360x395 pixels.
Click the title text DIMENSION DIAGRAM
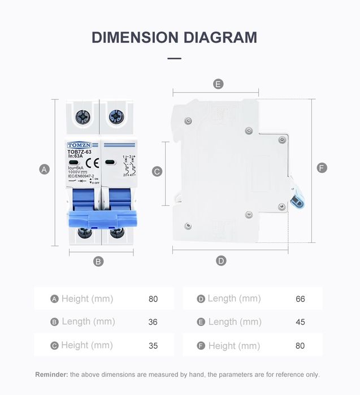(174, 37)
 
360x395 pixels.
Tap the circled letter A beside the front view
(45, 169)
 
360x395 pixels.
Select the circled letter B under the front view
(98, 261)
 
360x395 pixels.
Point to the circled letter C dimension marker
(158, 171)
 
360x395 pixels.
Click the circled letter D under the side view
(221, 261)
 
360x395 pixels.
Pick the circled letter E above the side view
(218, 84)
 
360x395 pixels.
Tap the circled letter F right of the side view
(322, 168)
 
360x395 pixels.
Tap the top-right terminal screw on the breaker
(116, 118)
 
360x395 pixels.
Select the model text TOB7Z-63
(79, 151)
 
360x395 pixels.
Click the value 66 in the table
(300, 298)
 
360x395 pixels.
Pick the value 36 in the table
(153, 322)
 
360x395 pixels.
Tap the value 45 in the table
(300, 322)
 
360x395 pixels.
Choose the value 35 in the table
(153, 345)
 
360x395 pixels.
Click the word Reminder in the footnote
(51, 374)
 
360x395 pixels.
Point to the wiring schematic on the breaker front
(127, 166)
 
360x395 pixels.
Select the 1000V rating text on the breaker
(76, 172)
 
